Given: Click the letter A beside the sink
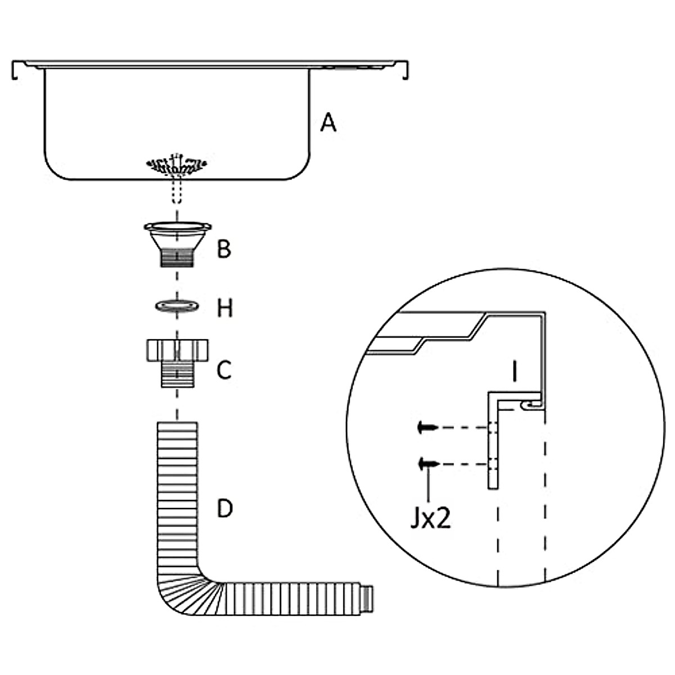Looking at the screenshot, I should tap(328, 122).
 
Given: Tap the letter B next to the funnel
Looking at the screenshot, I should tap(224, 248).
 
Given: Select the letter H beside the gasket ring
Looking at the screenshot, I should tap(224, 308).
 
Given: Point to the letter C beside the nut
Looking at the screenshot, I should tap(224, 370).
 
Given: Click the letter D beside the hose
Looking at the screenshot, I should tap(224, 508).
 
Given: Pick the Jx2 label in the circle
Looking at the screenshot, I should tap(430, 519).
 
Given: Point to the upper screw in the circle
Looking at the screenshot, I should tap(427, 428).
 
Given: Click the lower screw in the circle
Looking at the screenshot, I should tap(428, 464).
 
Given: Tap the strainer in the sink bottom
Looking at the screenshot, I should tap(177, 165).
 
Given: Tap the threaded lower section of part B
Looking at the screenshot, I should tap(177, 258).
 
